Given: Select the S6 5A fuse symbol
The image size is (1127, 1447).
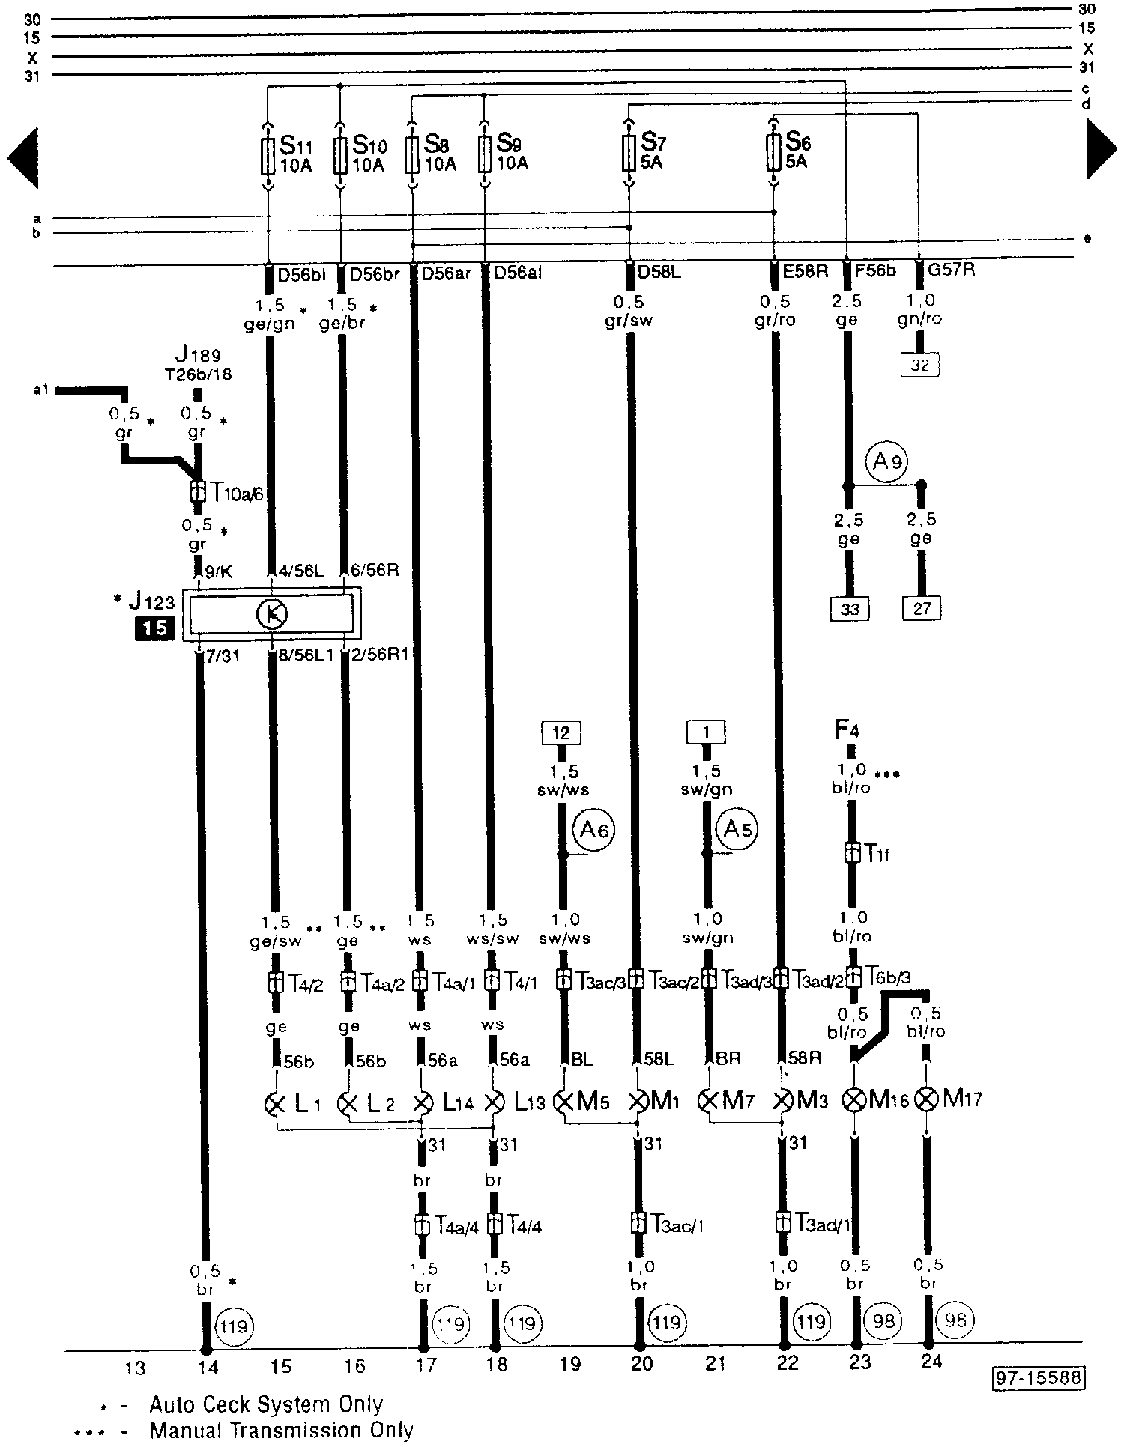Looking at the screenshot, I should (x=773, y=152).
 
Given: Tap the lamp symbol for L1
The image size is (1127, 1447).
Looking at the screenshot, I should (x=277, y=1103).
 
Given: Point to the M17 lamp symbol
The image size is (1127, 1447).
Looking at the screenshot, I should (x=928, y=1099).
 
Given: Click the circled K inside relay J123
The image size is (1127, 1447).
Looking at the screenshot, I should (x=273, y=615).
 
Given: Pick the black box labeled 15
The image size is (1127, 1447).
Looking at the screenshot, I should (x=154, y=627).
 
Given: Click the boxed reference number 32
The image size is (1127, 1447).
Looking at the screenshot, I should (x=919, y=365).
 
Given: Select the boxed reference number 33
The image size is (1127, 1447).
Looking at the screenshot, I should (x=850, y=609).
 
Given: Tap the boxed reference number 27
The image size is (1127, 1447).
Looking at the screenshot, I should (x=922, y=609).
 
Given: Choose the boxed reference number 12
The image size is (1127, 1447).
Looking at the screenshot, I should (x=561, y=732).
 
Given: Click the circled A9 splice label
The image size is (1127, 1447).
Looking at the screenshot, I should (x=886, y=462).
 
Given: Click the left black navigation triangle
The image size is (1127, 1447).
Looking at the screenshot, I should (x=23, y=157).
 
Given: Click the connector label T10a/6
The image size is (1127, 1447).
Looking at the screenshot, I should (x=232, y=493).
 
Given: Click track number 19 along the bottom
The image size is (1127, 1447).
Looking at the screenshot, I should (x=570, y=1365).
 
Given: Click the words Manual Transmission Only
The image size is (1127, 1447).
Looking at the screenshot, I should (x=282, y=1430).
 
